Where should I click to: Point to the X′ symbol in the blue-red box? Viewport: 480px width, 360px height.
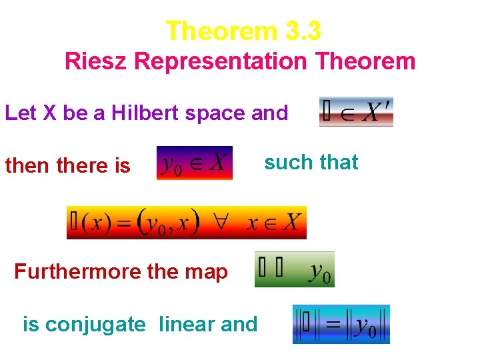[377, 112]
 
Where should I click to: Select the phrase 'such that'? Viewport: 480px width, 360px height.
[311, 162]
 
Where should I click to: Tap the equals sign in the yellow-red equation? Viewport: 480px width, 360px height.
[126, 223]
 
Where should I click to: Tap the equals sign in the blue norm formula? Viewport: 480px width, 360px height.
[334, 325]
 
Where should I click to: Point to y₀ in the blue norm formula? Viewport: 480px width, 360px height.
[366, 326]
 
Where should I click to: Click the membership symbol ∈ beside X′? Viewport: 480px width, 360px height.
[347, 113]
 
